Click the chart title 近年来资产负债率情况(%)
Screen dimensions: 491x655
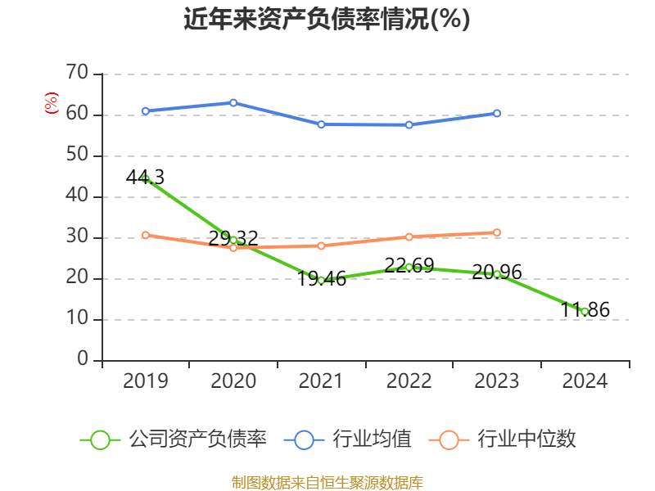(327, 20)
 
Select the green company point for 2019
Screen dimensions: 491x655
(146, 178)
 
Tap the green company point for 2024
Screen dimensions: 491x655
(585, 311)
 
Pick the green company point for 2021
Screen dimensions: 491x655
(321, 280)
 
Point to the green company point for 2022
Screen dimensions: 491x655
(409, 267)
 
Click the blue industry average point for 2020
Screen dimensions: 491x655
(233, 102)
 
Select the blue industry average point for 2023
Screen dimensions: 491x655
(497, 113)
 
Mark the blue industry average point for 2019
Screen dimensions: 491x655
(146, 110)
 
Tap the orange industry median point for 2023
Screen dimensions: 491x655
(497, 232)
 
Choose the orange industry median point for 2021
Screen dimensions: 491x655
(321, 245)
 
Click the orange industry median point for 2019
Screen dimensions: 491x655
(146, 235)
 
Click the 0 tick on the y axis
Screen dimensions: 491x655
(83, 360)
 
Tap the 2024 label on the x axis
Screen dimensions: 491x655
(585, 381)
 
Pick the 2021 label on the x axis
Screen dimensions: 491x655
(321, 381)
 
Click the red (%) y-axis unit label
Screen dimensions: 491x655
(52, 103)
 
